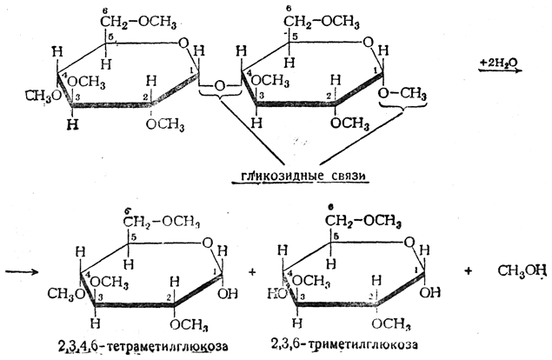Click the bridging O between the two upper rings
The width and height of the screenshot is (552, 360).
220,86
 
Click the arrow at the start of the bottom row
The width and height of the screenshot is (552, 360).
22,270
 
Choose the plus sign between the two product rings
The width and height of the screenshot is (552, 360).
252,272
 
